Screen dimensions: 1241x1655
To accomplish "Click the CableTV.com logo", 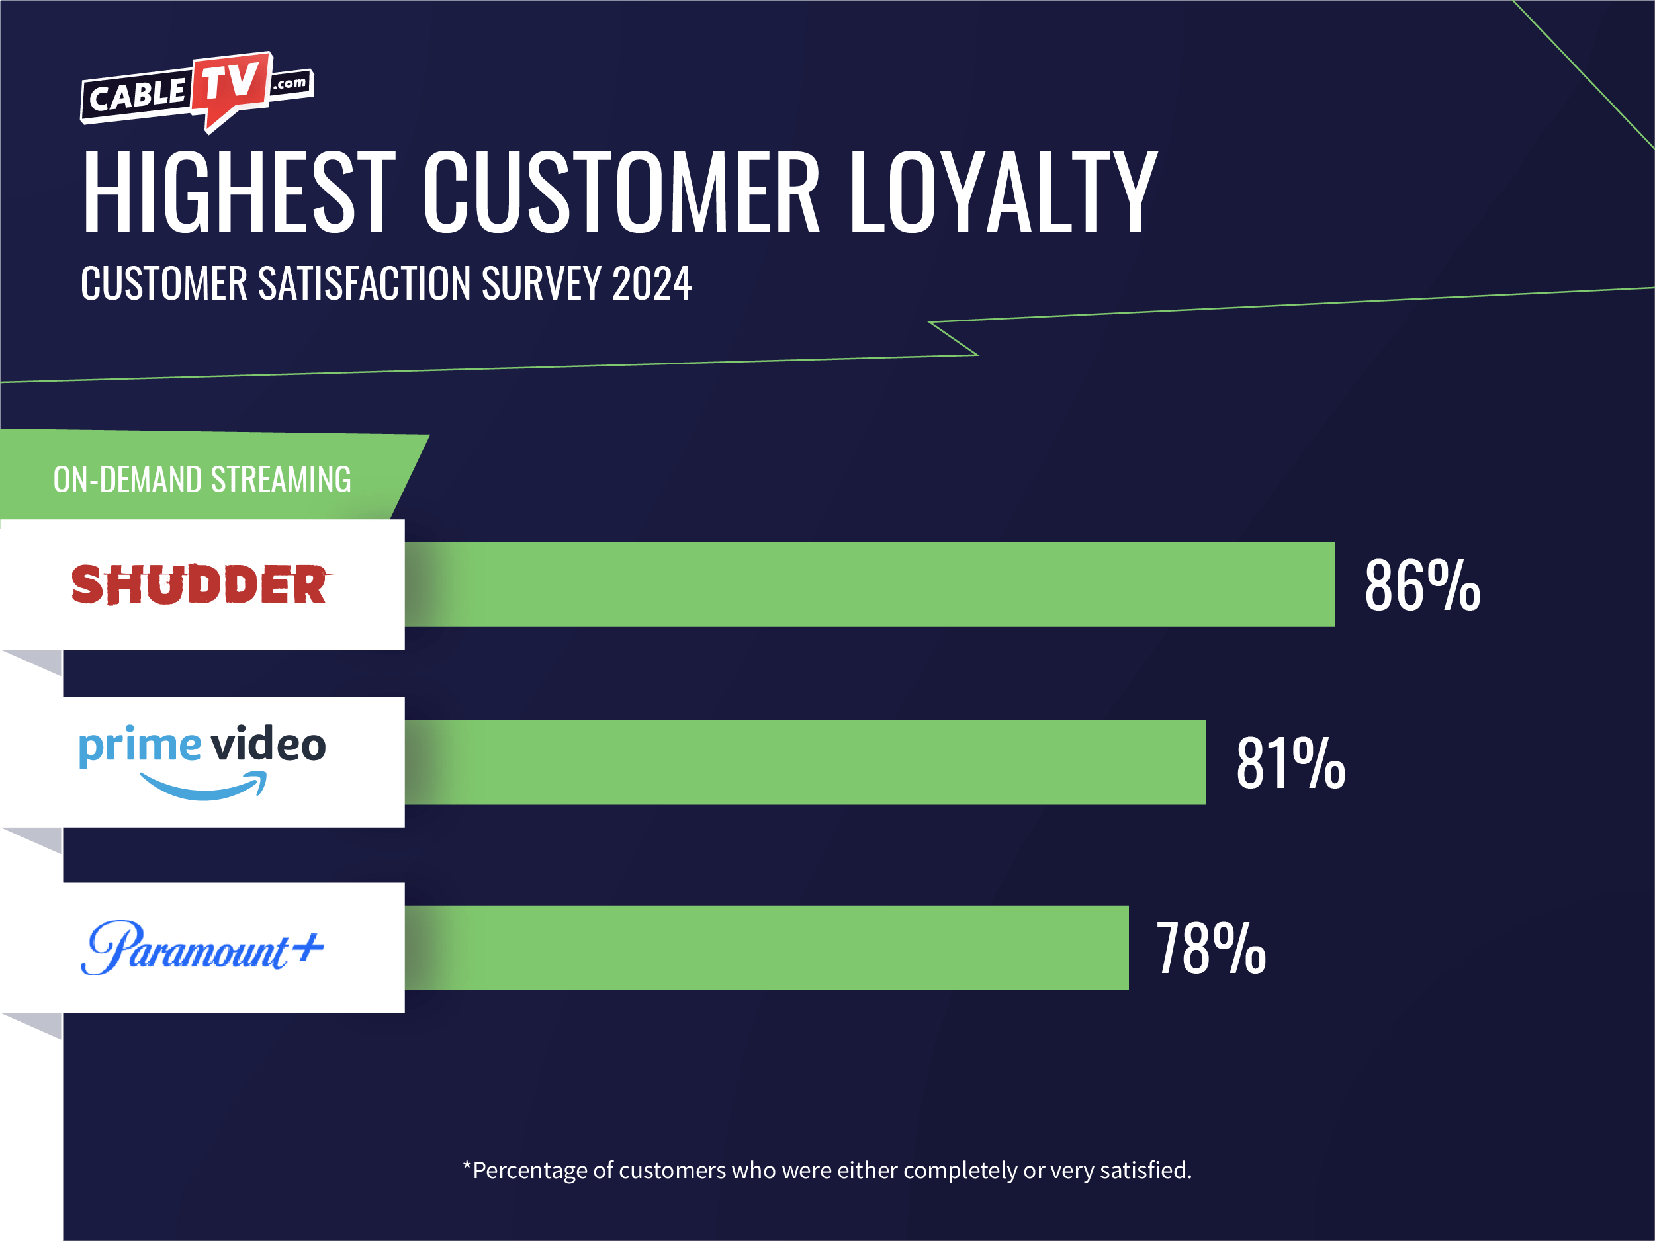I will point(197,91).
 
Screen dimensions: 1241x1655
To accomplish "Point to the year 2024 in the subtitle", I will point(652,284).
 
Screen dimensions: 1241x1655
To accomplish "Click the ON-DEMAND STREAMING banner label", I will point(202,480).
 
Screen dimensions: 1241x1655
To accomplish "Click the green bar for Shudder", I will point(868,584).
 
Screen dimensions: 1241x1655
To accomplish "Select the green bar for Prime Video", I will point(804,762).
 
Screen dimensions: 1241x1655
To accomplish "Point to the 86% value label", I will point(1421,585).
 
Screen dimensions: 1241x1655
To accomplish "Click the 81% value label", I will point(1290,764).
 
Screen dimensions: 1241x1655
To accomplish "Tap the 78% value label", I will point(1210,949).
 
